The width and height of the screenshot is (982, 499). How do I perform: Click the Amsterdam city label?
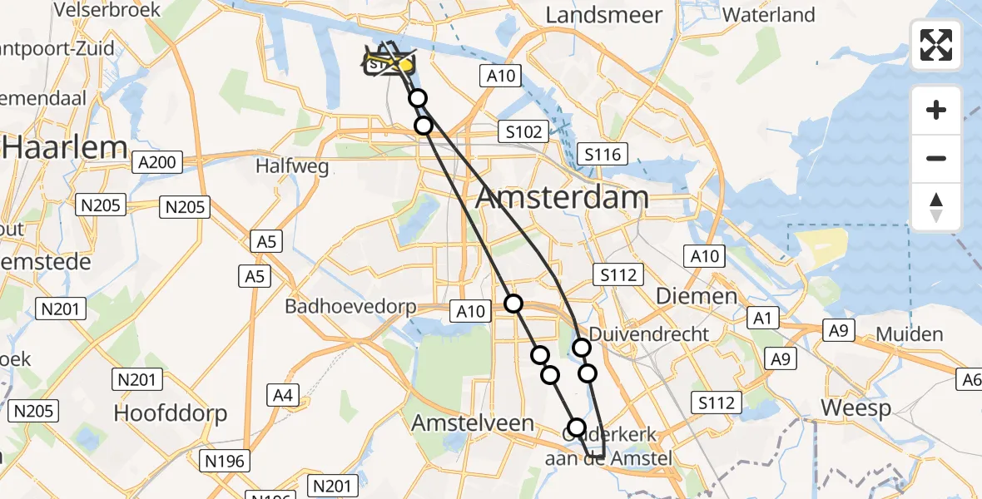tap(563, 198)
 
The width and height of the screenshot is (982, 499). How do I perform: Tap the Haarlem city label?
tap(65, 148)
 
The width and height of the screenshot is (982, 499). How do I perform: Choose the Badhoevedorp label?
tap(350, 306)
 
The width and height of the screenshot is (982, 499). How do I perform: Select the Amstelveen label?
tap(473, 423)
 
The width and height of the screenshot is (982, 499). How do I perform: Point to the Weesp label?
tap(856, 408)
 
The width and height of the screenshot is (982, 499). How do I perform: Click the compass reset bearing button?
tap(936, 206)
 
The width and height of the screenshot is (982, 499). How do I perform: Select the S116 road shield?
tap(603, 154)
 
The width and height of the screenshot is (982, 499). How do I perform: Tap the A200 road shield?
tap(157, 162)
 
